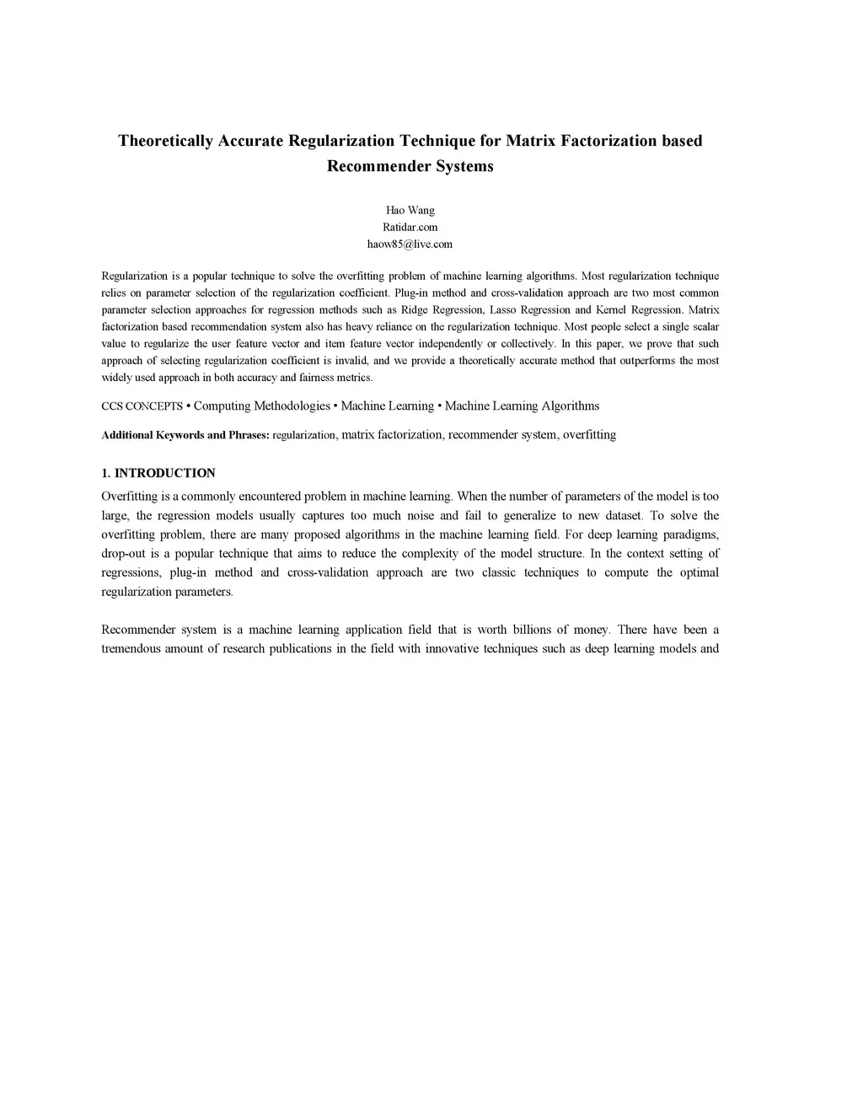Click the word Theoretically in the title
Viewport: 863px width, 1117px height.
165,141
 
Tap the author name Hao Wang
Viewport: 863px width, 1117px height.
410,210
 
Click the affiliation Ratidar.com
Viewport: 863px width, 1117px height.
410,227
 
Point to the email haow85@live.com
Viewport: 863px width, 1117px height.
410,244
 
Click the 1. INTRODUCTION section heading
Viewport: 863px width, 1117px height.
158,473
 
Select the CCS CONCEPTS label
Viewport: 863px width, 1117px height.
142,406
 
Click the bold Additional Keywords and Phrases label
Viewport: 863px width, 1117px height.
185,435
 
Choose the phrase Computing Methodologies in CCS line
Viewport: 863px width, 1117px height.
262,406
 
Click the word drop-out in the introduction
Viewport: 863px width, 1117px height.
122,554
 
